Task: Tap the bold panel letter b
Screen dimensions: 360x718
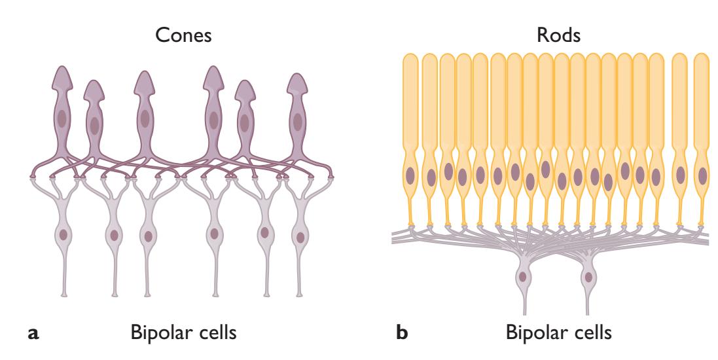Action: (x=403, y=333)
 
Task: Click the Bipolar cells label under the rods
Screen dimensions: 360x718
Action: (x=559, y=333)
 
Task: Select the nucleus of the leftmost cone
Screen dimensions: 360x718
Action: (x=62, y=119)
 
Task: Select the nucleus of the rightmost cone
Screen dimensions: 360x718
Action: (x=298, y=121)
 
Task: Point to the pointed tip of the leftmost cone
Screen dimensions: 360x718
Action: (x=62, y=67)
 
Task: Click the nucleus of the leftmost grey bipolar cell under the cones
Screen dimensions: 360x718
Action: (x=63, y=234)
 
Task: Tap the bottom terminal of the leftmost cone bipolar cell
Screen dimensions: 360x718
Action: (x=63, y=295)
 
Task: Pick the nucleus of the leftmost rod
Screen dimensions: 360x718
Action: (x=410, y=175)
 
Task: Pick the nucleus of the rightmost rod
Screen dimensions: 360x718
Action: (x=702, y=175)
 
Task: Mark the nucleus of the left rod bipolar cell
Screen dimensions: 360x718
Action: (x=523, y=277)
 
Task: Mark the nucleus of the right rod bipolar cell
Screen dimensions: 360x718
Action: (x=588, y=277)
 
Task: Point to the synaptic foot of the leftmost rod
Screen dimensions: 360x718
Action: (x=411, y=226)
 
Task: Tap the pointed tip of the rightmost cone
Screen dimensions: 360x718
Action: (x=298, y=74)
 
